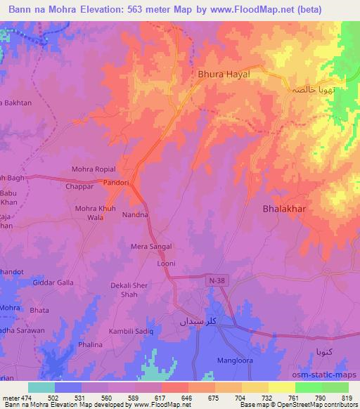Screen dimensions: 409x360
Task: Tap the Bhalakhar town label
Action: [285, 209]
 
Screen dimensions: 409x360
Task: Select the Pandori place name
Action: [116, 183]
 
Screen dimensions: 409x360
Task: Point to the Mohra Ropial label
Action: [94, 169]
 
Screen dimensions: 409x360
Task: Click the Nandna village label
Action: [135, 214]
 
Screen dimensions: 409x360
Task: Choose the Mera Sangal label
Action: [151, 247]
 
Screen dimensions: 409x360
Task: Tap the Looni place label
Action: [166, 264]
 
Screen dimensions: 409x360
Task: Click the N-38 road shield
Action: [218, 280]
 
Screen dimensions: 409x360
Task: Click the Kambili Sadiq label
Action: [129, 330]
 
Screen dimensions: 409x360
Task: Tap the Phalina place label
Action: [90, 345]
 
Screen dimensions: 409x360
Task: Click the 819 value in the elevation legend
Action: [345, 398]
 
